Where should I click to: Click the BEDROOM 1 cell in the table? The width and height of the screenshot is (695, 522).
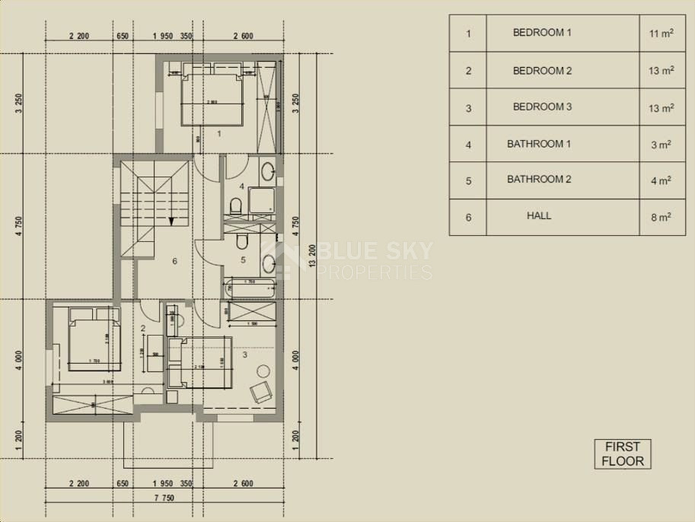tap(542, 33)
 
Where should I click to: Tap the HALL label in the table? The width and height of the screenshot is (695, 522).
tap(539, 216)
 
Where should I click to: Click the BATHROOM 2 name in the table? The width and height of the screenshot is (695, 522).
tap(542, 180)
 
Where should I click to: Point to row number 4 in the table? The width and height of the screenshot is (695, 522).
tap(468, 145)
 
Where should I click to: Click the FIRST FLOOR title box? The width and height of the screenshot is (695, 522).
tap(623, 454)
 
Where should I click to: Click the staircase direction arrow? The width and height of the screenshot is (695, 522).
tap(172, 221)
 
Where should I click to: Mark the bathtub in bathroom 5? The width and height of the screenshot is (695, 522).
tap(250, 288)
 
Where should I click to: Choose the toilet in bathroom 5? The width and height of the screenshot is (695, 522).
tap(242, 242)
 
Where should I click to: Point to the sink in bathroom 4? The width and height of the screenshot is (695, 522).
tap(268, 170)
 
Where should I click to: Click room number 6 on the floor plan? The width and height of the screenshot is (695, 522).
tap(174, 262)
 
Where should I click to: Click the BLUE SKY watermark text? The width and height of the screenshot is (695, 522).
tap(373, 251)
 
